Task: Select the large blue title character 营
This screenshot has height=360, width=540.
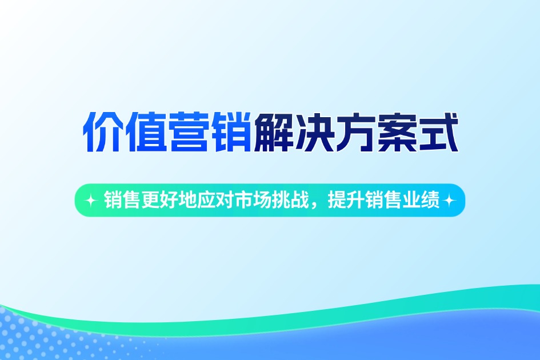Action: pos(187,133)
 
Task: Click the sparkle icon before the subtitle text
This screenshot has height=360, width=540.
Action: pos(90,201)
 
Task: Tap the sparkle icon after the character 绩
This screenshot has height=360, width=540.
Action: pos(449,201)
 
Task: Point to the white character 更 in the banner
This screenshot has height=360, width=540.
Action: pos(148,200)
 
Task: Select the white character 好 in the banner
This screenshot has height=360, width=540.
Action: pos(166,200)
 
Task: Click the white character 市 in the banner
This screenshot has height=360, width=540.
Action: pos(242,200)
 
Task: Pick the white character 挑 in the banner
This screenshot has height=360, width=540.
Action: pos(279,200)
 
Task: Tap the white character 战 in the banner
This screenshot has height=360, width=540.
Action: pos(297,200)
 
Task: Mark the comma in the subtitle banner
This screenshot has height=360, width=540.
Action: pos(313,205)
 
